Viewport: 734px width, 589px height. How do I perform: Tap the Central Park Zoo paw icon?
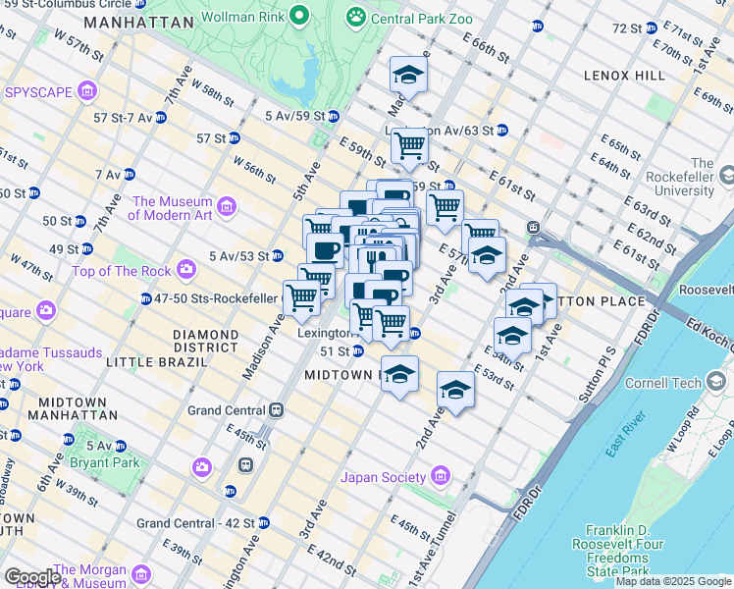(x=355, y=16)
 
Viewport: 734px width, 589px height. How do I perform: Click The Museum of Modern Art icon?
(x=228, y=207)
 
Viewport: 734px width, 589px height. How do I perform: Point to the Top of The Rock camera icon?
(x=186, y=270)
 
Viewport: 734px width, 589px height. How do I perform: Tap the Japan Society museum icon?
(x=441, y=477)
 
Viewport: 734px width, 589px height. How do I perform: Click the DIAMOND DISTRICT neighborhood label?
(x=206, y=335)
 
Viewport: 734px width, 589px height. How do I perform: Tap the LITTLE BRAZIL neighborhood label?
(x=157, y=361)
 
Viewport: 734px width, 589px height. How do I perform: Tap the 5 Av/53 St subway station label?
(x=238, y=256)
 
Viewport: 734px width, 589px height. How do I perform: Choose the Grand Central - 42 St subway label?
(x=195, y=523)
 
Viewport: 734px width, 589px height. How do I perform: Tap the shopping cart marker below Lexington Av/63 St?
(x=409, y=146)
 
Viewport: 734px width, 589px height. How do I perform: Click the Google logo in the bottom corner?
(x=32, y=576)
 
